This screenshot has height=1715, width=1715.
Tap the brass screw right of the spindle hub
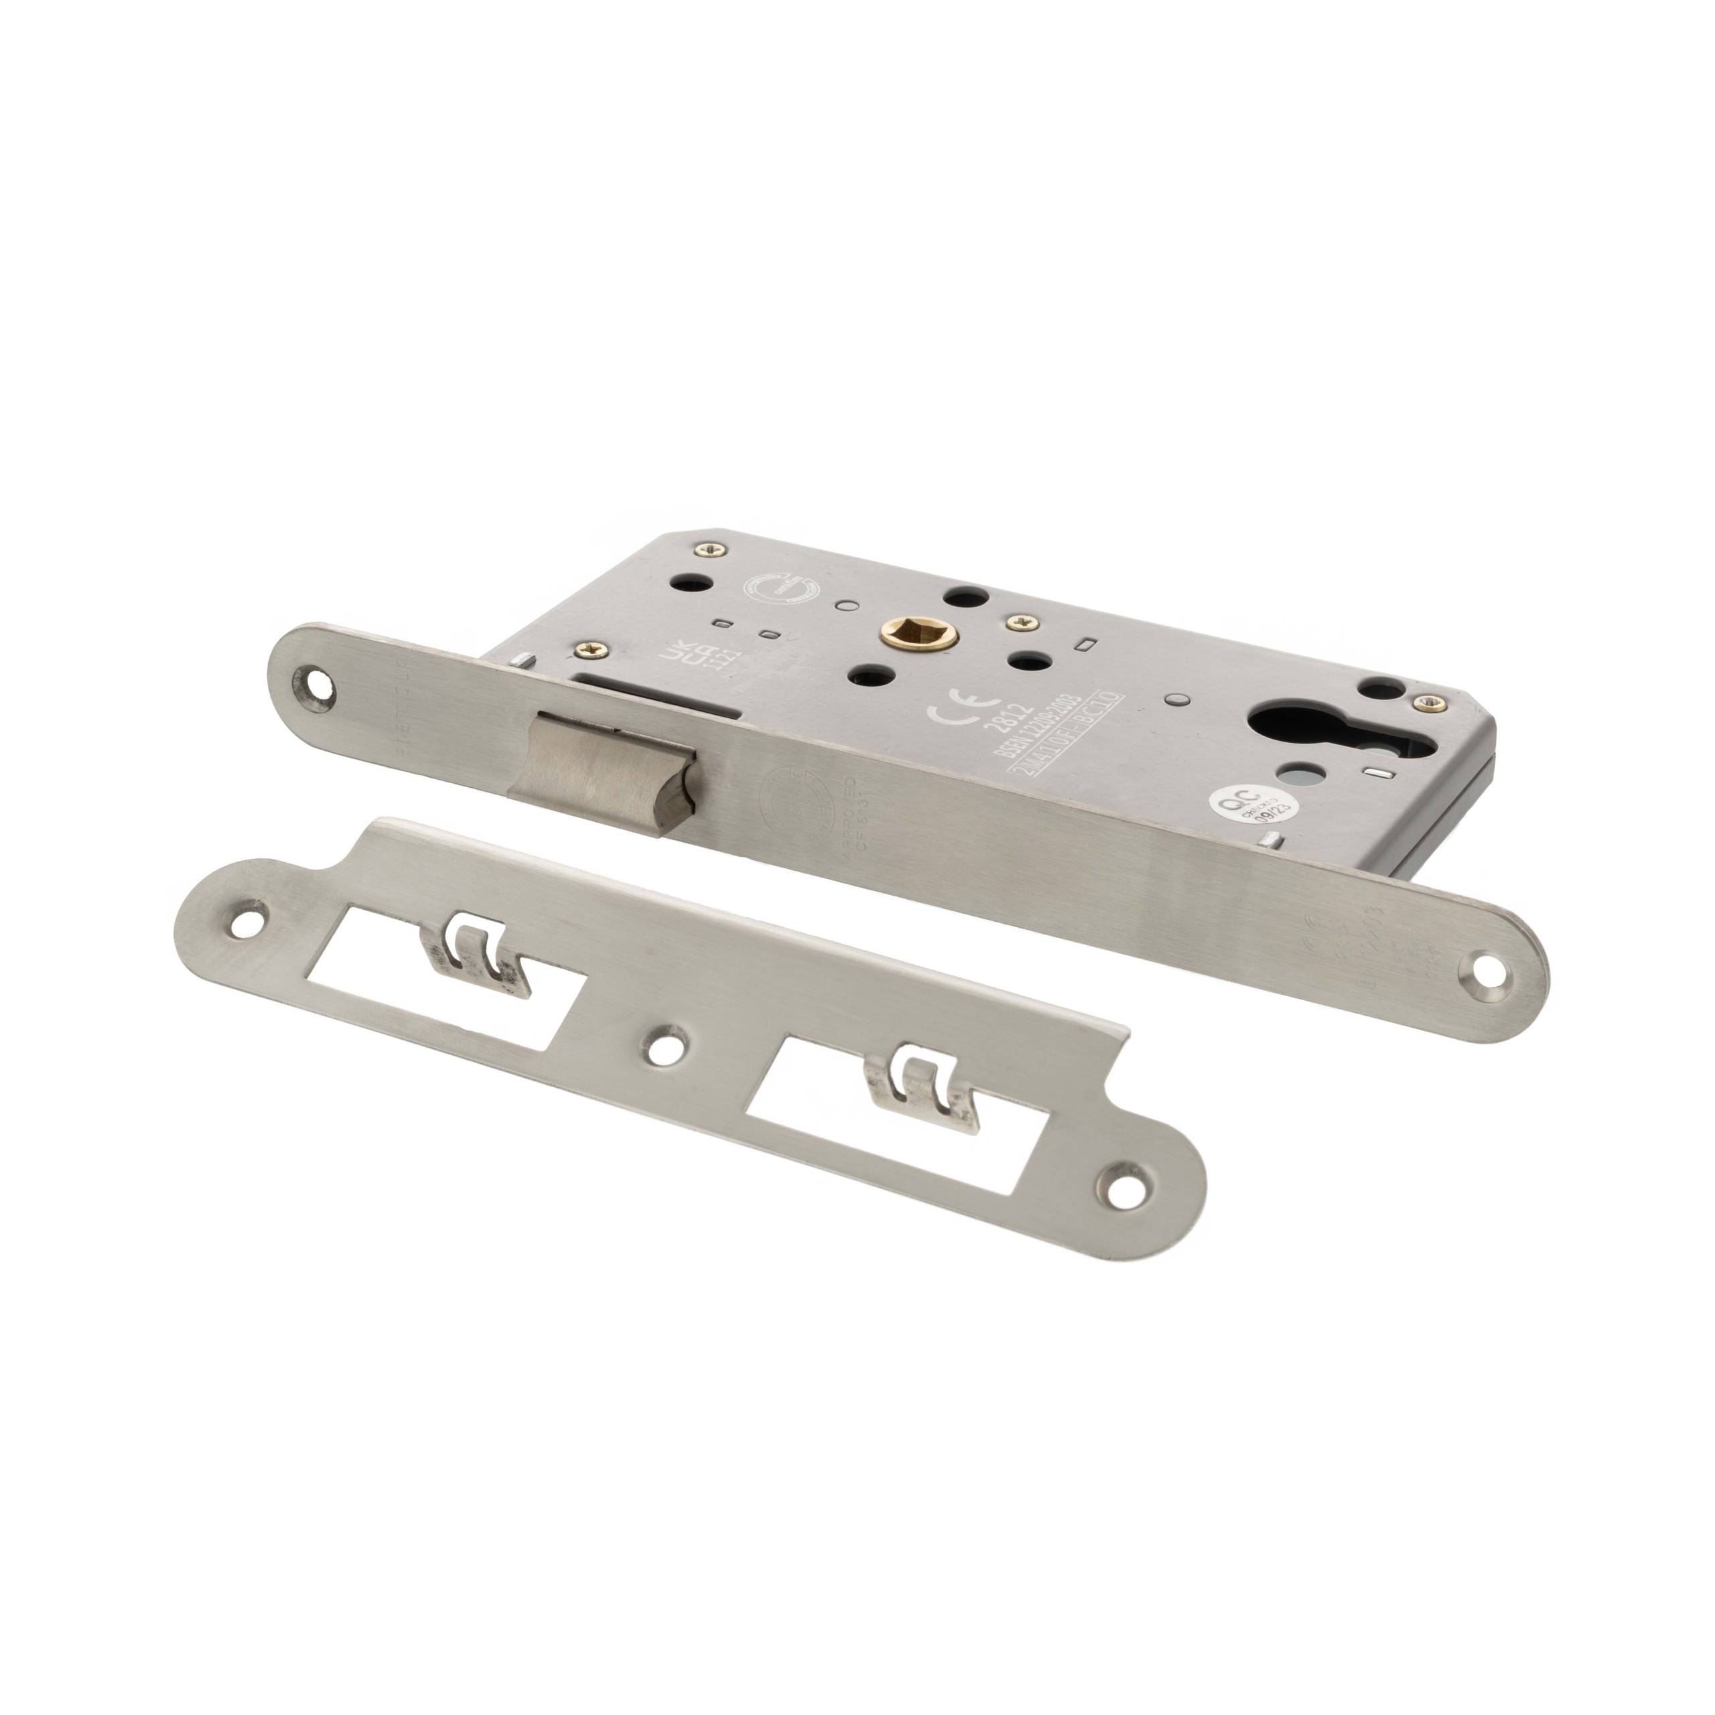[x=1018, y=625]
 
